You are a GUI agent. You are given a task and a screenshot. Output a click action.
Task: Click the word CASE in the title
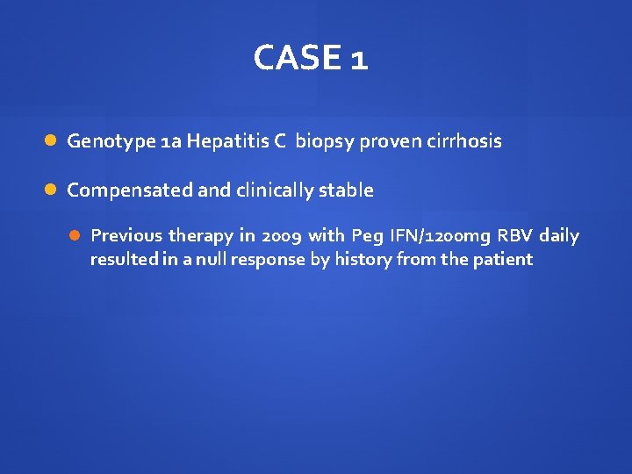coord(296,59)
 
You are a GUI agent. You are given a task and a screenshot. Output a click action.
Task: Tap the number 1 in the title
coord(358,60)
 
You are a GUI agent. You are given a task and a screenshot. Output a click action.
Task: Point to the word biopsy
coord(322,141)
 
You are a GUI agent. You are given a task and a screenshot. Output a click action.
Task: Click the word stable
coord(349,190)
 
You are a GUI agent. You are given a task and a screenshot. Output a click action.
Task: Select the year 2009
coord(283,235)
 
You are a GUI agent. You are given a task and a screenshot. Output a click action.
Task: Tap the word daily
coord(560,235)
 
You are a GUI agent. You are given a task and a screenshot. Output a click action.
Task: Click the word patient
coord(502,259)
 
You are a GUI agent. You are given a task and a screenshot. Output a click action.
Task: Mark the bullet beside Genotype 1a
coord(52,140)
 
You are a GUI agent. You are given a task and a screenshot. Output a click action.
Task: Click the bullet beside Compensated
coord(52,190)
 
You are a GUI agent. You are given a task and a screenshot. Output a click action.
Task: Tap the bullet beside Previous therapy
coord(75,235)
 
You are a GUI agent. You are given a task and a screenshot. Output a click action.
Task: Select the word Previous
coord(126,235)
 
